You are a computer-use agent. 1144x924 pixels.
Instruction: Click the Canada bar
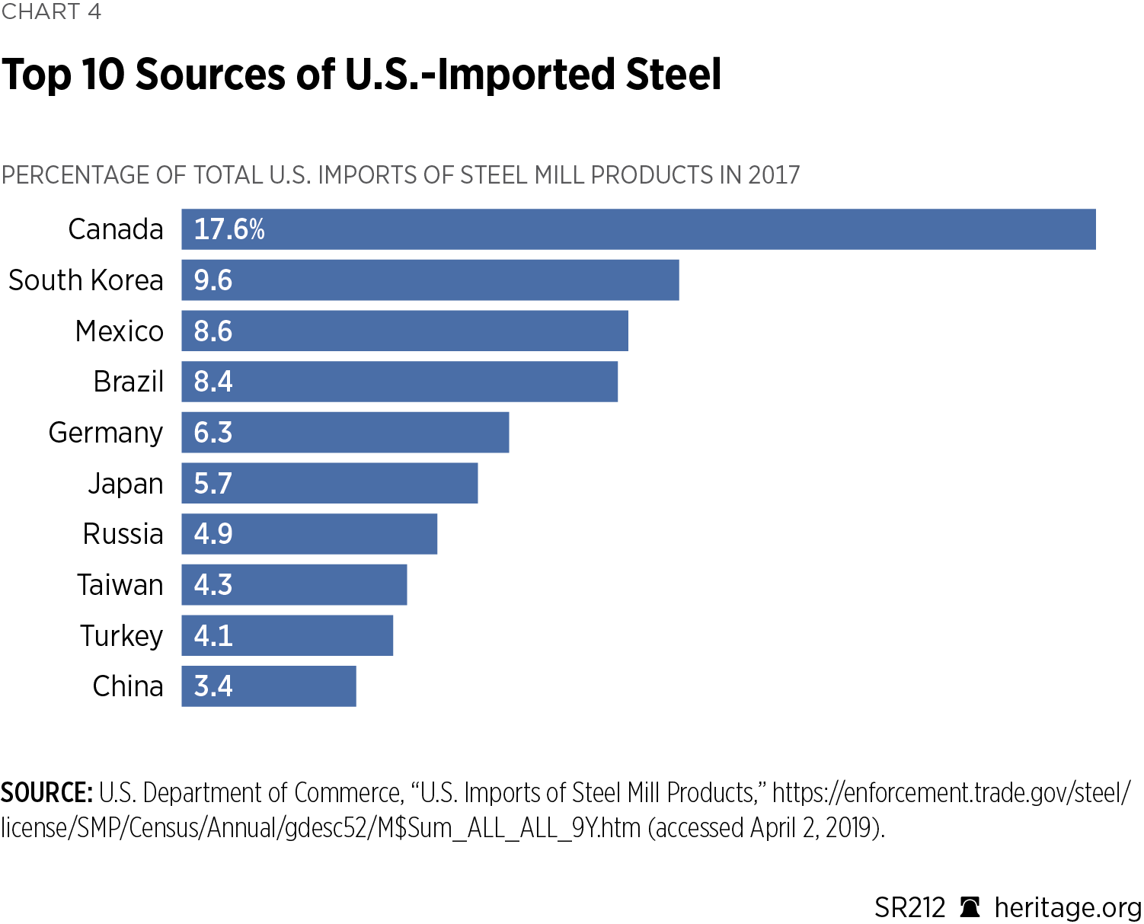click(x=638, y=229)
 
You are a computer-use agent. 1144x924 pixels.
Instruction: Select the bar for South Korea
click(x=430, y=280)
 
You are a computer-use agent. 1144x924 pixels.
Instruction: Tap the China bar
click(x=268, y=686)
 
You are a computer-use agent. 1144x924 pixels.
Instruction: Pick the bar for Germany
click(x=345, y=433)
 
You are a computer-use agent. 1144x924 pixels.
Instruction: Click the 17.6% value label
click(x=229, y=229)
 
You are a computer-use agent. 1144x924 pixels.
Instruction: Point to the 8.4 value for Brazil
click(x=213, y=382)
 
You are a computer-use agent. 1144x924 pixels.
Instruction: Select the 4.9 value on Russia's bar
click(x=213, y=534)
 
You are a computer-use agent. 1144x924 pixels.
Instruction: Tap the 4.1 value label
click(x=213, y=636)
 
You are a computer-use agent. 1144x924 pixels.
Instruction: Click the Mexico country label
click(x=120, y=331)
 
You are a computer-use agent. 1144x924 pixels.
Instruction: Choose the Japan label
click(x=126, y=484)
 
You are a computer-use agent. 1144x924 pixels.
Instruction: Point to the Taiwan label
click(x=120, y=585)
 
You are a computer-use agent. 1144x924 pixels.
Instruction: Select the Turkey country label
click(x=122, y=636)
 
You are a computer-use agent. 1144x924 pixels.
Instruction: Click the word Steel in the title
click(x=673, y=75)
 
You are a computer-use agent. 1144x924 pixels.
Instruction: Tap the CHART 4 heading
click(x=51, y=11)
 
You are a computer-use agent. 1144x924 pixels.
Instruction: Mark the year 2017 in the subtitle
click(x=774, y=175)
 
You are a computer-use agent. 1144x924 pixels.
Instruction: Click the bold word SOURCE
click(x=46, y=793)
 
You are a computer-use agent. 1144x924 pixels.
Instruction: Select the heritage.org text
click(x=1068, y=908)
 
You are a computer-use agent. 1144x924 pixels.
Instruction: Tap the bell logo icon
click(x=970, y=907)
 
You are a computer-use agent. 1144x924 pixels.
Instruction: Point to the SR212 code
click(x=909, y=908)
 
